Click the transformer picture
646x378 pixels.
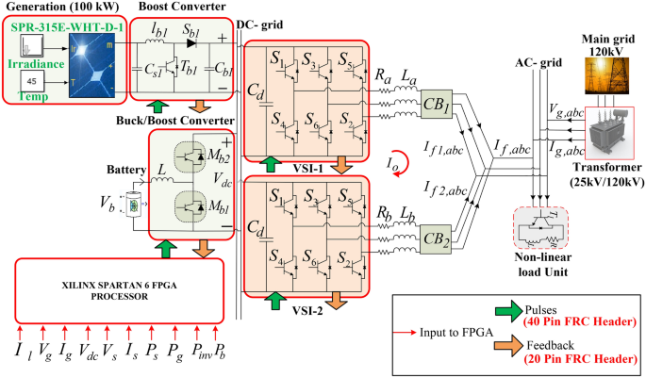pos(612,141)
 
